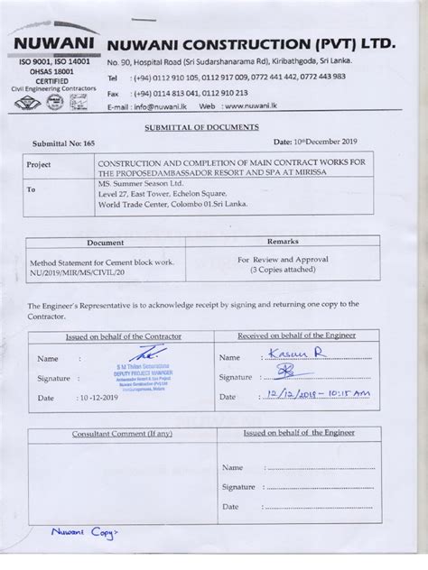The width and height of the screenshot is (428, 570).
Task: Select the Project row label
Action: click(39, 165)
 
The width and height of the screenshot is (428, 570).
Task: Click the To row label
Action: click(32, 191)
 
